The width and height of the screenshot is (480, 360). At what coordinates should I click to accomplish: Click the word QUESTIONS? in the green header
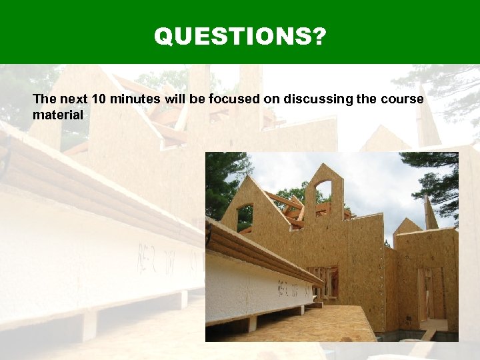(x=240, y=36)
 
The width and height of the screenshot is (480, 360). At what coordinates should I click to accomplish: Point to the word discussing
(x=317, y=99)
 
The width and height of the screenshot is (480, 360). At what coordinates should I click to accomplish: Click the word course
(x=403, y=99)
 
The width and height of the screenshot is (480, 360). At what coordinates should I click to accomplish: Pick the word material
(x=58, y=115)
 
